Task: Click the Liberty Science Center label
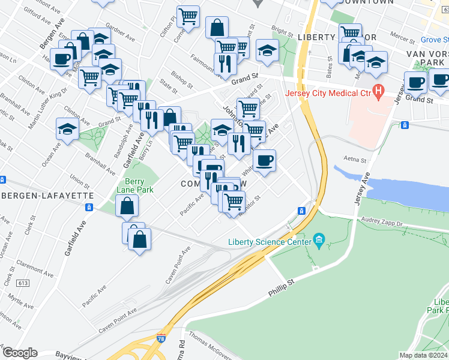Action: click(270, 242)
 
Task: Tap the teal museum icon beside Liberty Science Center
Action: click(319, 242)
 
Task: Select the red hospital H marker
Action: click(378, 92)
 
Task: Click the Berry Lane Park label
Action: click(139, 185)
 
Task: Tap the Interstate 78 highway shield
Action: click(161, 339)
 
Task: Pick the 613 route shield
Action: click(23, 283)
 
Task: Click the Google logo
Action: click(19, 353)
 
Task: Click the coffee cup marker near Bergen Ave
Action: click(62, 59)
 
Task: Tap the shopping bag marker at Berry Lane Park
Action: click(127, 206)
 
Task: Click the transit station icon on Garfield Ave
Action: click(89, 207)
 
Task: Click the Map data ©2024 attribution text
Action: click(424, 355)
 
